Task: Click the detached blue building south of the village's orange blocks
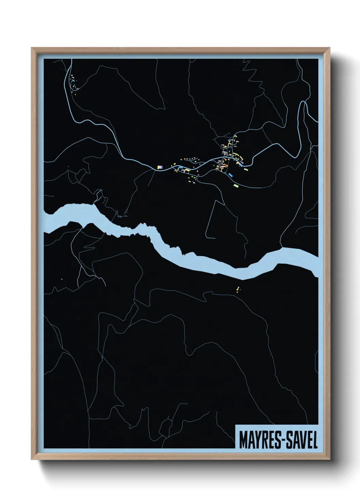pos(231,175)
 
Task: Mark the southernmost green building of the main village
pos(236,186)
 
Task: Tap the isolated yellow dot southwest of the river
pos(62,280)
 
